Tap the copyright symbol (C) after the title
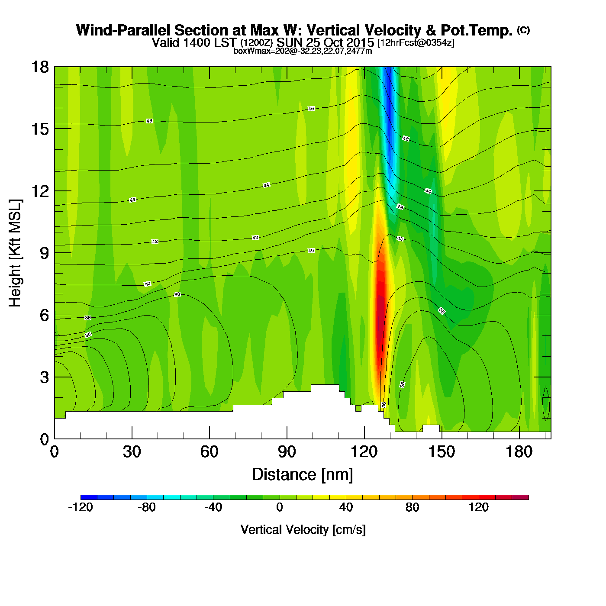[x=523, y=30]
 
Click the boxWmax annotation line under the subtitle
[x=303, y=51]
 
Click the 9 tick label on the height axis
[x=45, y=253]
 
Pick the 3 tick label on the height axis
[x=45, y=377]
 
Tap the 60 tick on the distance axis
[x=209, y=452]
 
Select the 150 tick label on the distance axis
[x=442, y=452]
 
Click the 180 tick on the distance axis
[x=519, y=452]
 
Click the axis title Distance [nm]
[x=303, y=475]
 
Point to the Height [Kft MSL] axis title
[x=15, y=253]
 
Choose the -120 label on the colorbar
[x=81, y=507]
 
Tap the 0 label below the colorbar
[x=280, y=507]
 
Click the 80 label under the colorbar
[x=413, y=507]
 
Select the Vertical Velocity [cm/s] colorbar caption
[x=303, y=530]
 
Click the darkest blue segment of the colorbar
[x=89, y=497]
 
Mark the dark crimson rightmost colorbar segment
[x=520, y=497]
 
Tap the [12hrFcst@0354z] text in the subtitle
[x=416, y=43]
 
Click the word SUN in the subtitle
[x=290, y=43]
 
